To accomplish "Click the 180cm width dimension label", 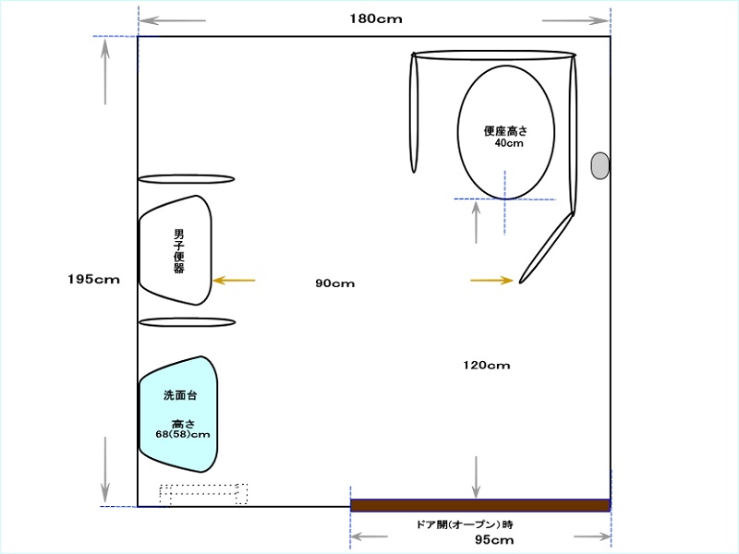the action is pos(376,18).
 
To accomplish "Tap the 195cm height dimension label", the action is pos(93,280).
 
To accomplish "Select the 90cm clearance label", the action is pos(334,283).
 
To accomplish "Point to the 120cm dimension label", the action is pos(487,365).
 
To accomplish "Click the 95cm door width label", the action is pos(494,539).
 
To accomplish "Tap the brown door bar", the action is pos(480,505).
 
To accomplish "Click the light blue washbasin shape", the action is pos(178,415).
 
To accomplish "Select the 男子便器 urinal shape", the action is pos(176,250).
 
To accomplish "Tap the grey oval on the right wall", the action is pos(600,166).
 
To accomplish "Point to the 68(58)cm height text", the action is pos(183,434).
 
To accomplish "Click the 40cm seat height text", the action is pos(509,143).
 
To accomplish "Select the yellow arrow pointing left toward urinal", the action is pos(235,281).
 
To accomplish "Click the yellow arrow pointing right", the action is pos(491,281).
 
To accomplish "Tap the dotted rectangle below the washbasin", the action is pos(203,494).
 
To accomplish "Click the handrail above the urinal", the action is pos(187,179).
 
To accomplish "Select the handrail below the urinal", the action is pos(188,322).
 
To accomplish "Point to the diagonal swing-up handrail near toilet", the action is pos(546,248).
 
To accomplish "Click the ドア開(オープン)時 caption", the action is pos(465,524).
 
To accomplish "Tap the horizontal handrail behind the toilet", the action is pos(494,55).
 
